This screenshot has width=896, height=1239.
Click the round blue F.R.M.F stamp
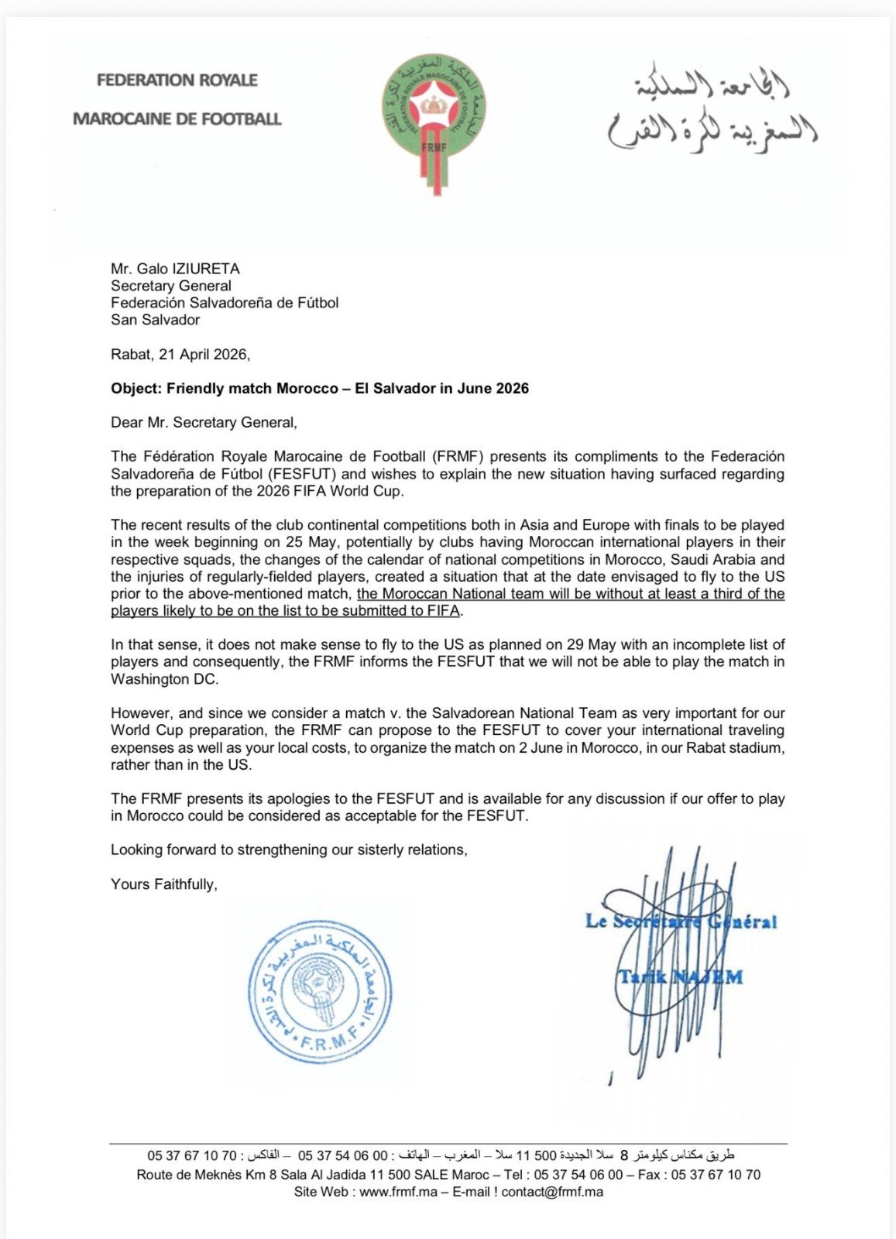click(319, 992)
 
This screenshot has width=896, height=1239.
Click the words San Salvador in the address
click(155, 320)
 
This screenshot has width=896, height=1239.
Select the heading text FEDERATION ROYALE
click(177, 80)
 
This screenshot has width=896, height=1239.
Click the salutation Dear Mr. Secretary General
click(204, 423)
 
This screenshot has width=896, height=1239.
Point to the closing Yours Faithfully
click(164, 884)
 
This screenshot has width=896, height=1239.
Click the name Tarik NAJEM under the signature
click(680, 976)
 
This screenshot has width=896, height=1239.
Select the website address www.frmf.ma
click(398, 1192)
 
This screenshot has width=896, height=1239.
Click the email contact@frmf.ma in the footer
click(551, 1192)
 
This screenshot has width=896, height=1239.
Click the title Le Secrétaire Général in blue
click(680, 922)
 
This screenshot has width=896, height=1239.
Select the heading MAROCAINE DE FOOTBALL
click(177, 119)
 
